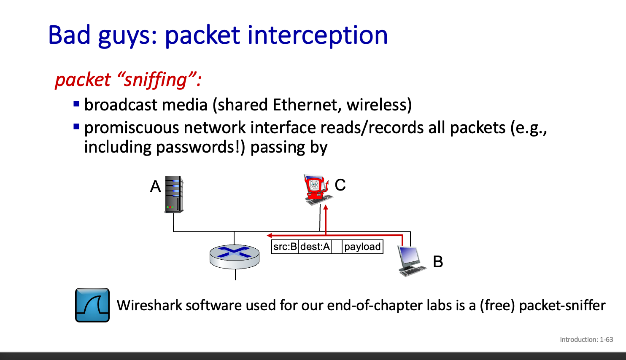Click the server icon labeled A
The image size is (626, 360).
[x=174, y=194]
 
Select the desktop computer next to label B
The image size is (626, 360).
[x=411, y=261]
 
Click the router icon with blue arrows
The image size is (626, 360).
[x=235, y=256]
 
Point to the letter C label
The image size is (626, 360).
[x=340, y=185]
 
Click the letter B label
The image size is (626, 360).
[x=438, y=262]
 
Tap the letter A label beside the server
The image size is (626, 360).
[x=156, y=186]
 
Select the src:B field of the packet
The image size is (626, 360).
[x=285, y=247]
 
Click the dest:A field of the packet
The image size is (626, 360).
[x=315, y=247]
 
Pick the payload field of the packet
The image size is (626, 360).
[x=362, y=247]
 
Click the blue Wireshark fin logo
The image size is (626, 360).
[x=92, y=305]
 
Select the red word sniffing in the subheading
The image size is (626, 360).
[x=155, y=80]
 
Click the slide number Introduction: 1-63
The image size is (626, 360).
[x=586, y=339]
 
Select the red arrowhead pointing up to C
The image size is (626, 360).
[x=326, y=207]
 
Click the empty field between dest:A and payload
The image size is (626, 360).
[x=337, y=247]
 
